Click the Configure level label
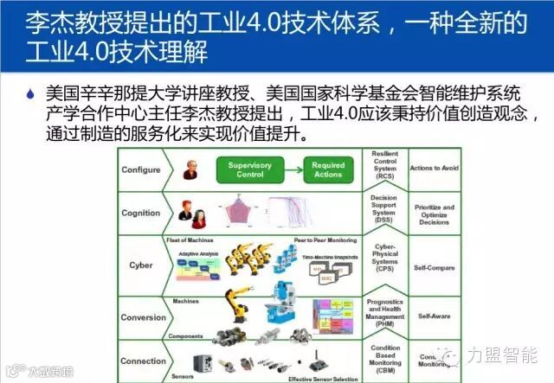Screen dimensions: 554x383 click(141, 169)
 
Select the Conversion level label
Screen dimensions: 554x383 click(144, 317)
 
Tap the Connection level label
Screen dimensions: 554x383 click(144, 361)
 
